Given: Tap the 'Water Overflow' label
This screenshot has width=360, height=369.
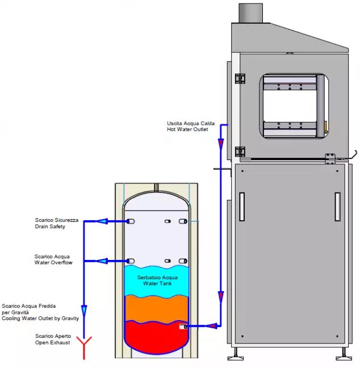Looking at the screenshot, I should [53, 263].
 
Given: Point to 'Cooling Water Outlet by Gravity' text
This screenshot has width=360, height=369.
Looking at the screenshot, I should [40, 318].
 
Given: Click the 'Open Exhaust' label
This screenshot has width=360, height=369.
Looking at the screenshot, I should [53, 342].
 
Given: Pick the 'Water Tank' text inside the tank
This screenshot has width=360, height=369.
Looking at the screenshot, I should [157, 283].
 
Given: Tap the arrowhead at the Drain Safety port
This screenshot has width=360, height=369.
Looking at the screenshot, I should [102, 221].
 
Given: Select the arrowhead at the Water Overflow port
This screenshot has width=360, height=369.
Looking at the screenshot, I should [102, 261].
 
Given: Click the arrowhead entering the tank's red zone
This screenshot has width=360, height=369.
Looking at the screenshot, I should [211, 326].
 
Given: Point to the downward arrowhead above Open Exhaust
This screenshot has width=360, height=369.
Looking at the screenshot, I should [84, 311].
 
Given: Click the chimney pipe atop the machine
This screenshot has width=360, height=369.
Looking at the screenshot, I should [250, 12].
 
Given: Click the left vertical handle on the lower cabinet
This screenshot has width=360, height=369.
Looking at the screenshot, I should [241, 207].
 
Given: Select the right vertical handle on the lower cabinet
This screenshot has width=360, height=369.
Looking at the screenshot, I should [337, 207].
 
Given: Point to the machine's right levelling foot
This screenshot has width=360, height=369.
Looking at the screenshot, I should [344, 357].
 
